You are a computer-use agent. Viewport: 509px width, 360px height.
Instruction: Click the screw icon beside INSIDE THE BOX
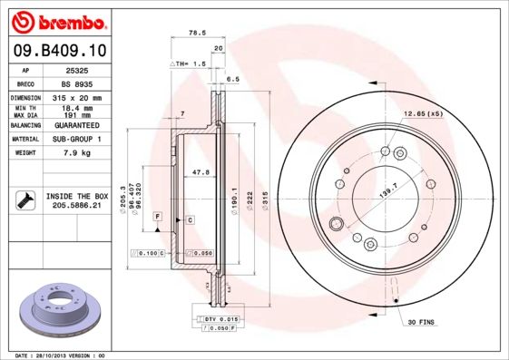24,200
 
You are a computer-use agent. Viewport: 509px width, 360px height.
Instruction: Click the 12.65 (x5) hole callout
423,115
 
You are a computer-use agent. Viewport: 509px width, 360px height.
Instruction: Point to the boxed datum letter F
157,217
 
